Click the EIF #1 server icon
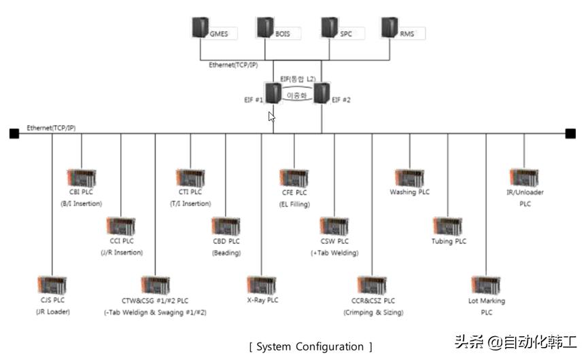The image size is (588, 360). pyautogui.click(x=273, y=92)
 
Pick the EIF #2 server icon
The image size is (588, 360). pyautogui.click(x=322, y=92)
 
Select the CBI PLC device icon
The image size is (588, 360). pyautogui.click(x=82, y=178)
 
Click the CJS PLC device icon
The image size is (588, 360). pyautogui.click(x=52, y=286)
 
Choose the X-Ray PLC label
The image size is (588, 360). pyautogui.click(x=262, y=300)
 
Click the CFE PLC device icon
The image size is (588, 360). pyautogui.click(x=294, y=179)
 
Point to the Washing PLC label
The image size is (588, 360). pyautogui.click(x=409, y=192)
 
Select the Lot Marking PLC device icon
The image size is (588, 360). pyautogui.click(x=486, y=285)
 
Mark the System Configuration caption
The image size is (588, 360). pyautogui.click(x=311, y=346)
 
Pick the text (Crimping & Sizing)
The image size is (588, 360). pyautogui.click(x=373, y=312)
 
